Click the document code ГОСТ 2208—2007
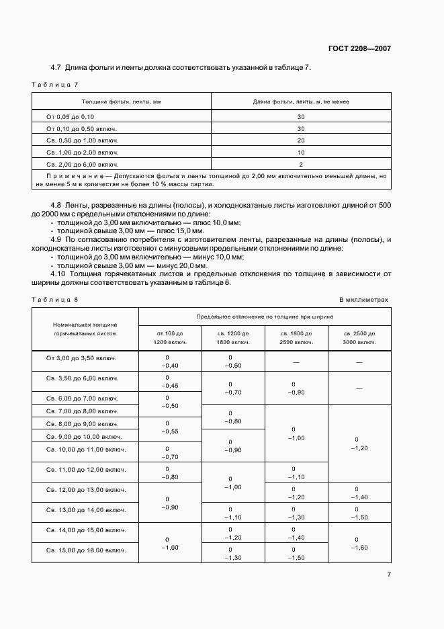(360, 48)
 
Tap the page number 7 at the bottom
(389, 575)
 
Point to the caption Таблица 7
(56, 84)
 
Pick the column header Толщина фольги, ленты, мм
(122, 101)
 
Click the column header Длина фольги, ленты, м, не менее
(300, 101)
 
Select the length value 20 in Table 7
(300, 140)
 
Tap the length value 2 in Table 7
(300, 164)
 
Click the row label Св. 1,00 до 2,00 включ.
(82, 153)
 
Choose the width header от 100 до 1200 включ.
(170, 338)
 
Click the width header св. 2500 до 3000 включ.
(359, 338)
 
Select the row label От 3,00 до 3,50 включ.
(81, 358)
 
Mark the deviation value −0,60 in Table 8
(233, 366)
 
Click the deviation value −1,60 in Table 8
(359, 548)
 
